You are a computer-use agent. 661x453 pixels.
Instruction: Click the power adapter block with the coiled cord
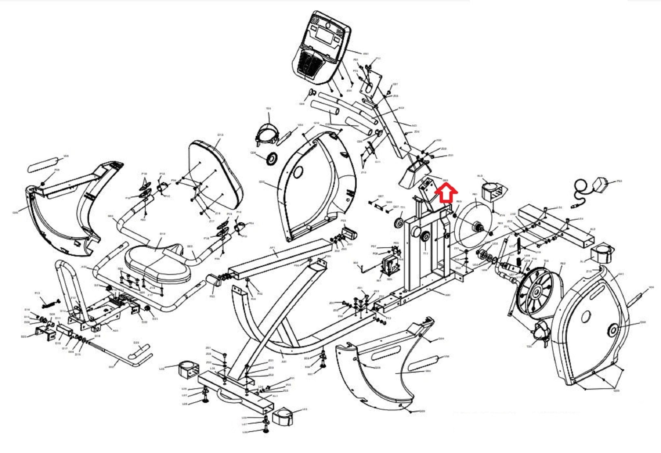point(601,184)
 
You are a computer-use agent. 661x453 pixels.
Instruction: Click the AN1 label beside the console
point(366,54)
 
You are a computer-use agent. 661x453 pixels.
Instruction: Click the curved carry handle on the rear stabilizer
point(229,397)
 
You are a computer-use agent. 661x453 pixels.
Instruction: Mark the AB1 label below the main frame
point(447,295)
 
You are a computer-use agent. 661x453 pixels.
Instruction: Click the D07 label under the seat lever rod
point(112,367)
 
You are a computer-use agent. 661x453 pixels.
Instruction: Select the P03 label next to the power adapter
point(619,181)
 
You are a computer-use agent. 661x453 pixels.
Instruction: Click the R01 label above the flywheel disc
point(474,194)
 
